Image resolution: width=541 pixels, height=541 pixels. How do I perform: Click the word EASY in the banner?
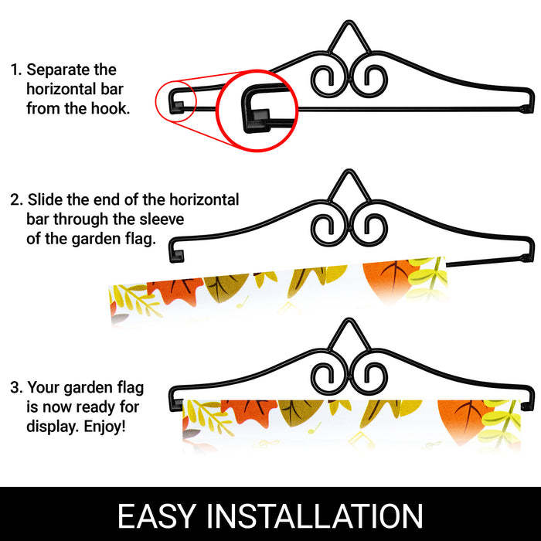tap(157, 515)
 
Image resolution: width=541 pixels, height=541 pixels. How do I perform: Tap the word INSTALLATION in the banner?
tap(315, 515)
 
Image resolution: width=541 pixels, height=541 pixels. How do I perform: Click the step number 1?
tap(15, 70)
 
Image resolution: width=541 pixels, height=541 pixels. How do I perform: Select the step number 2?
tap(16, 199)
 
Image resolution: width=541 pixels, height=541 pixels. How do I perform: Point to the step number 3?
tap(16, 387)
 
